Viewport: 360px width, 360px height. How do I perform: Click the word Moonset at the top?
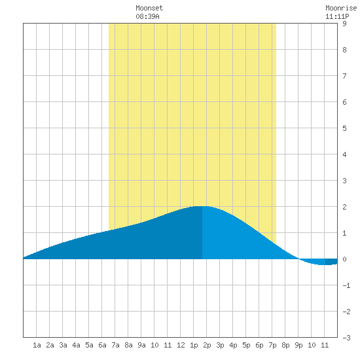coord(149,8)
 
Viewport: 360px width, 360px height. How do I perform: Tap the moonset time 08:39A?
coord(147,16)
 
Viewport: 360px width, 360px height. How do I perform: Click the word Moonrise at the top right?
coord(341,8)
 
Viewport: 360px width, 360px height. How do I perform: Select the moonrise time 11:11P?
coord(337,16)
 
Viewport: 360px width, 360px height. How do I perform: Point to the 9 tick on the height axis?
coord(344,24)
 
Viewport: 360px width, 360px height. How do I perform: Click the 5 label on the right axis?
coord(344,128)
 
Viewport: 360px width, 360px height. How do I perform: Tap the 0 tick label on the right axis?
coord(344,259)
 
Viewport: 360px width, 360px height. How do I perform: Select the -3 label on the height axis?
coord(346,338)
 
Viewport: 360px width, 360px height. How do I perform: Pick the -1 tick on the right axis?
coord(346,285)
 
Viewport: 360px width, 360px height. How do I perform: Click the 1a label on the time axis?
coord(37,345)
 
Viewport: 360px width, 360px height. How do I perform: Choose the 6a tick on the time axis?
coord(102,345)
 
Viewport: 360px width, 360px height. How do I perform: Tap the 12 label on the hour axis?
coord(181,345)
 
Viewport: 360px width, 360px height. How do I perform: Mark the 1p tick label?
coord(194,345)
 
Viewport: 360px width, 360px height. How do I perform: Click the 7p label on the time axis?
coord(272,345)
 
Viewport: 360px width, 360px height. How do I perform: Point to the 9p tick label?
coord(298,345)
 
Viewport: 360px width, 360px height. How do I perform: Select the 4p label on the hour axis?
coord(233,345)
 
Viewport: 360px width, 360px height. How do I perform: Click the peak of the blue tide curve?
coord(202,206)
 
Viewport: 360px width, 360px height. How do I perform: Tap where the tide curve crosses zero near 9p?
coord(298,259)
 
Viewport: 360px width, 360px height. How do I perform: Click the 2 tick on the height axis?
coord(344,207)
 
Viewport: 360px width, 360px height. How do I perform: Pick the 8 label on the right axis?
coord(344,50)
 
